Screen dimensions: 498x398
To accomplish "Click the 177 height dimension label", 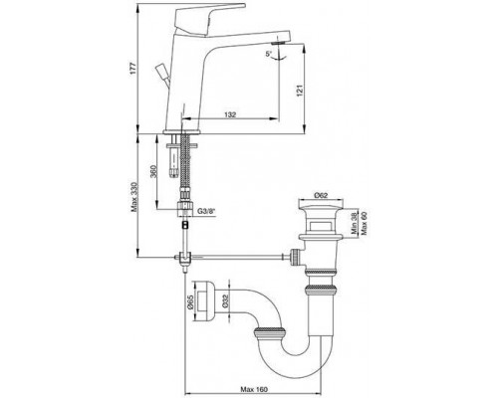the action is [x=132, y=68].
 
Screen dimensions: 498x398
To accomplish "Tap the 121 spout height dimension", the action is [x=299, y=92].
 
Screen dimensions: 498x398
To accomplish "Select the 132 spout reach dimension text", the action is [x=230, y=114].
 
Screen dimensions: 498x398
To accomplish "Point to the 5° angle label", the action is [x=269, y=54].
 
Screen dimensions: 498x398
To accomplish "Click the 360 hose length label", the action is [x=153, y=171].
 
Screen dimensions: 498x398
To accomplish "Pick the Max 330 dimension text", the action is [x=133, y=197].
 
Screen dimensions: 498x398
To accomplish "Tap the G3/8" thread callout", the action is [x=206, y=211].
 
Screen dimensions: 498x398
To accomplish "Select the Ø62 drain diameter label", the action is [x=321, y=196].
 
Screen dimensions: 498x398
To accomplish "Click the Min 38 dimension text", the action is [x=355, y=223].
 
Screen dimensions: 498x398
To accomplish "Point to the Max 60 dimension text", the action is [x=365, y=223].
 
